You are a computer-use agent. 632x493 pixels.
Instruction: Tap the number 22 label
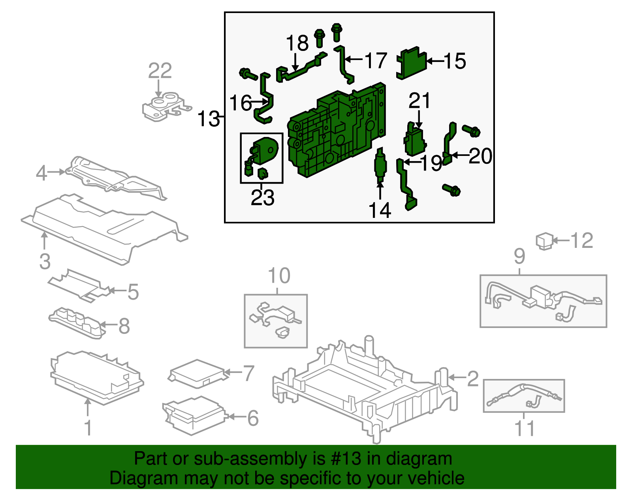point(160,71)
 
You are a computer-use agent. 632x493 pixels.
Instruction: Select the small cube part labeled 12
point(544,241)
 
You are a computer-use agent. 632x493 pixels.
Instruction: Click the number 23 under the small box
point(262,197)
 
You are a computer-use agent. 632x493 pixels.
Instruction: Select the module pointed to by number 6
point(194,416)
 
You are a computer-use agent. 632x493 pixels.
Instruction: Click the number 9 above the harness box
point(519,257)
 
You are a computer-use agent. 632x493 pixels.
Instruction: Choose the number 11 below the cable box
point(525,428)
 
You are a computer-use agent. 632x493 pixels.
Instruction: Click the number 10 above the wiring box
point(279,276)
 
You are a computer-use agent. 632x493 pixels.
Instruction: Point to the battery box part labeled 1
point(97,377)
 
